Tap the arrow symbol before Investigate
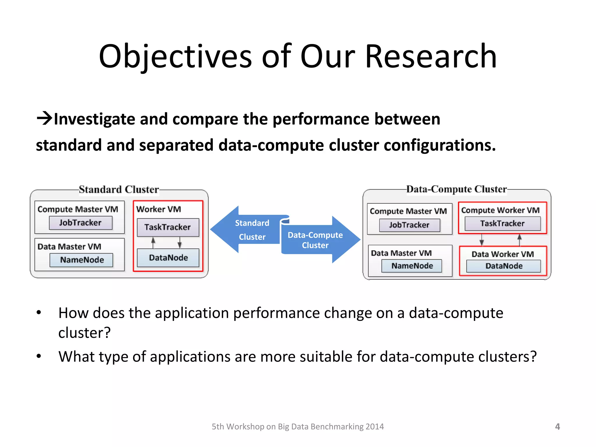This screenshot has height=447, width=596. (x=44, y=118)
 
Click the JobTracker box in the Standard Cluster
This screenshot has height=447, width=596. (x=80, y=223)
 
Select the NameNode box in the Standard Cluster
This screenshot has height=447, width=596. (x=81, y=260)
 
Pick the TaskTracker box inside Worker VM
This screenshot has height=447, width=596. (x=168, y=227)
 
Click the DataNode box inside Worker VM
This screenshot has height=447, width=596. (x=168, y=258)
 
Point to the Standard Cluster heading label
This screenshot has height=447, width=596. (x=119, y=189)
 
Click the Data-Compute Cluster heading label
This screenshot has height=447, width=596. (x=456, y=189)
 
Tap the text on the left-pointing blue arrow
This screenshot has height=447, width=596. (x=252, y=230)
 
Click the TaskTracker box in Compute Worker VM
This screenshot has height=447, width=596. (x=502, y=223)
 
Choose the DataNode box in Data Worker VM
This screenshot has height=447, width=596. (x=504, y=266)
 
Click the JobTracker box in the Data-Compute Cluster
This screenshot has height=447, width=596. (x=409, y=225)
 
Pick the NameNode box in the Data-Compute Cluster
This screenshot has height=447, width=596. (x=412, y=266)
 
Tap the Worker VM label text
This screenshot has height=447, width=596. (x=159, y=209)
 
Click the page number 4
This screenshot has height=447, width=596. (x=557, y=427)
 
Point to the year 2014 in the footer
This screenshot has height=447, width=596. (x=375, y=427)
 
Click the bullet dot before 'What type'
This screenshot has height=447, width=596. (x=39, y=356)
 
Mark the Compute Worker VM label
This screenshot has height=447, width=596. (x=500, y=210)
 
